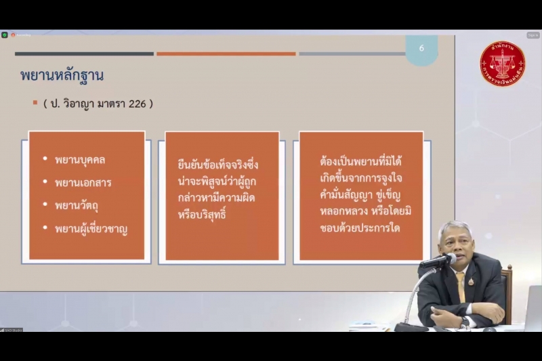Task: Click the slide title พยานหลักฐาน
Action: click(62, 75)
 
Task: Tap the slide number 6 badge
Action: click(421, 49)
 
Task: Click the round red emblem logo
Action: click(502, 65)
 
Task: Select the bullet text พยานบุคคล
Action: click(80, 160)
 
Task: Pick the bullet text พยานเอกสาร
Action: click(83, 182)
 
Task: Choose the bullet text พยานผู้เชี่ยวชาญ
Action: click(91, 228)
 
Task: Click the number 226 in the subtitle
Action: click(139, 104)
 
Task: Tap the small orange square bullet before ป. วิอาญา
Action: click(35, 103)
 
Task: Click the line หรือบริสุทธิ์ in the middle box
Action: click(201, 215)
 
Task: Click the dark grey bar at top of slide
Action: click(84, 54)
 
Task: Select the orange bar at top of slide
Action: click(226, 54)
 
